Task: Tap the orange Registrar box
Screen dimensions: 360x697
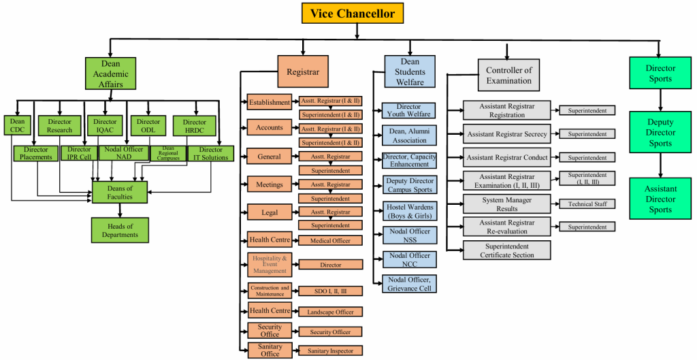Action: (x=303, y=71)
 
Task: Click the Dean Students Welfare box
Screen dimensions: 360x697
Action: (x=409, y=71)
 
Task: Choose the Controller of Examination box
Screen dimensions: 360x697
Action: (x=508, y=75)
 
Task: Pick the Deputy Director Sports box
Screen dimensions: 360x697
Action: (x=660, y=133)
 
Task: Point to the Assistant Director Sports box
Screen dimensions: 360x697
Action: (x=660, y=199)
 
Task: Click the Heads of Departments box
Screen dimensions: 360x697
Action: (x=120, y=230)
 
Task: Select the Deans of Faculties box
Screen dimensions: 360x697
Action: (x=120, y=193)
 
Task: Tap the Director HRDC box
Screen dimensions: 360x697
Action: (x=195, y=126)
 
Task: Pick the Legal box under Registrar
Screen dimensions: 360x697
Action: (x=270, y=212)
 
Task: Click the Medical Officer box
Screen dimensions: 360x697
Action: (x=330, y=240)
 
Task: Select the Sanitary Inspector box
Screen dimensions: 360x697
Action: (x=330, y=350)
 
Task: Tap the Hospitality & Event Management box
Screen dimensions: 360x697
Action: (x=270, y=264)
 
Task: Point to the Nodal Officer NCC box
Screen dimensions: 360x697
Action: (x=409, y=259)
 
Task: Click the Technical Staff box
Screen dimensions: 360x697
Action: (x=587, y=203)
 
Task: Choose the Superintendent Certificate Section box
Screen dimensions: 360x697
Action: (x=506, y=250)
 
